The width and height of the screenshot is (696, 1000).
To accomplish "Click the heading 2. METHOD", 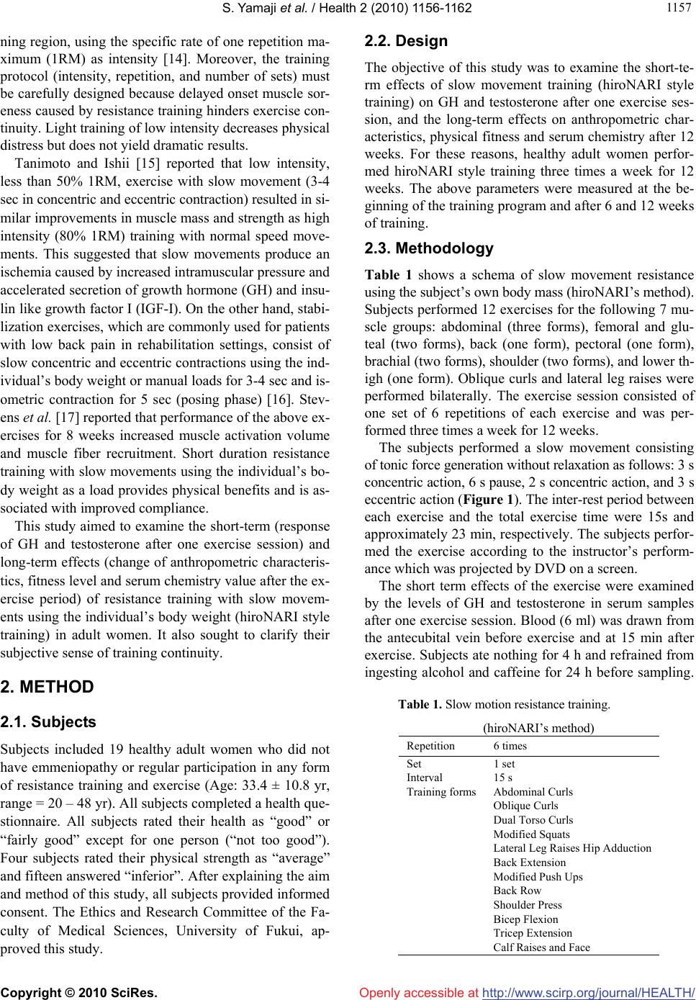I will coord(48,687).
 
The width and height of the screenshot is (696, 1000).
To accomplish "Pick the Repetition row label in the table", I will coord(430,483).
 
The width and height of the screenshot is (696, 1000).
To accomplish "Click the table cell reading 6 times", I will coord(510,483).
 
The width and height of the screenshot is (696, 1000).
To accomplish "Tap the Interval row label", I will coord(425,515).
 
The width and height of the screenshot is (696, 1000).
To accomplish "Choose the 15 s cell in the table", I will coord(502,515).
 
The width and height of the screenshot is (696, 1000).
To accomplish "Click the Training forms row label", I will coord(440,530).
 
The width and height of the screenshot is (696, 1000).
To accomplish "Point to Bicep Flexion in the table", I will coord(525,919).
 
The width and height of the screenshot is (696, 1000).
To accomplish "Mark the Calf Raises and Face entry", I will coord(541,947).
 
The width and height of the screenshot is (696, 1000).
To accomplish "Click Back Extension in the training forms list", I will coord(529,862).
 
